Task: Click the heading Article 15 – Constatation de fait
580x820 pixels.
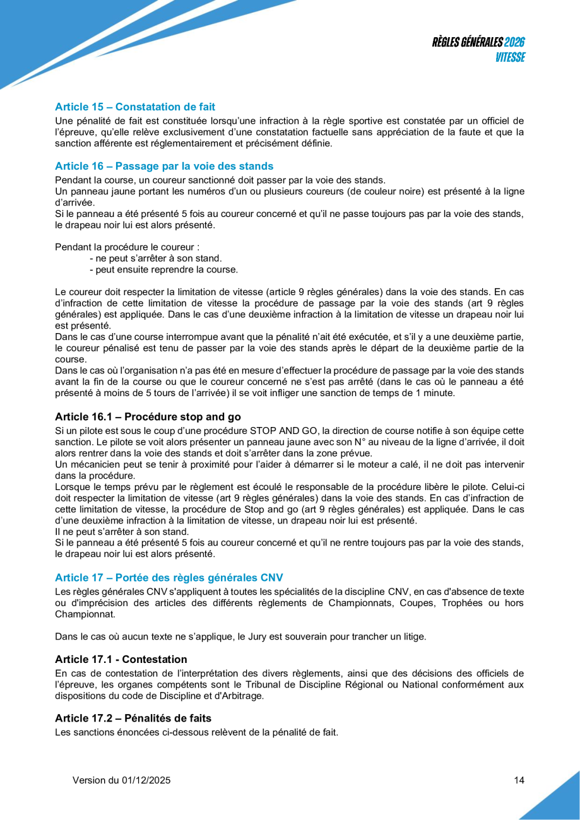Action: [135, 107]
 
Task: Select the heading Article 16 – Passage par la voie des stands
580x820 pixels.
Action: [164, 166]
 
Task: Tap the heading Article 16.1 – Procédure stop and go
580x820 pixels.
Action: [148, 416]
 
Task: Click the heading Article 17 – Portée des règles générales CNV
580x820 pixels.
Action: [169, 577]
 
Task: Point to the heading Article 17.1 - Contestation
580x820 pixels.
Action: [121, 659]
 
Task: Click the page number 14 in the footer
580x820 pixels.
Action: [519, 780]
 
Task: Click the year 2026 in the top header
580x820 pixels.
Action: [515, 42]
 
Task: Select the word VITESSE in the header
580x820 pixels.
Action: [510, 57]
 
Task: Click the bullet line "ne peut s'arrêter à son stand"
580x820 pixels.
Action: [156, 258]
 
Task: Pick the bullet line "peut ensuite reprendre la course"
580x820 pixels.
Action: [164, 270]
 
